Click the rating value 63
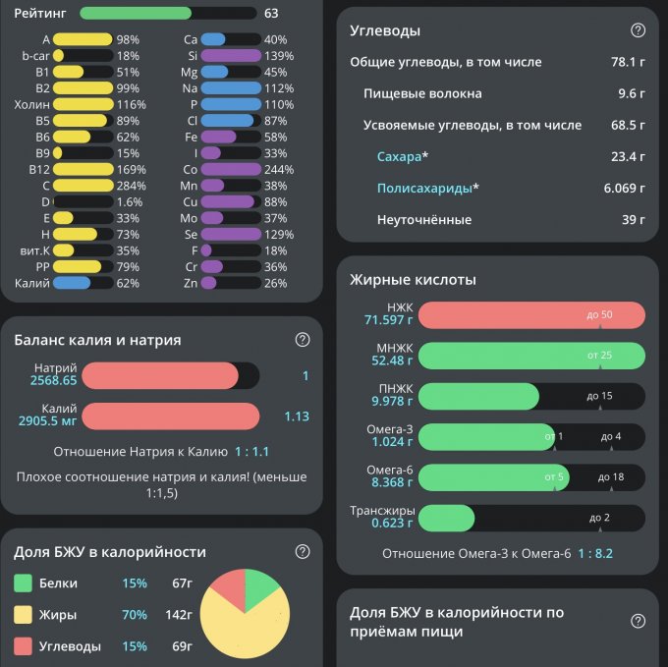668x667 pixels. [x=271, y=14]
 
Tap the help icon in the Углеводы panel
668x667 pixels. [x=638, y=30]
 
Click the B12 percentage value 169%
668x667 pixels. [x=128, y=169]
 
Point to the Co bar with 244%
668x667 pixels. [x=232, y=169]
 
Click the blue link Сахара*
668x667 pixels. [x=403, y=156]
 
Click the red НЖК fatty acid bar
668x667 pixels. [x=531, y=314]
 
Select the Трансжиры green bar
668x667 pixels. [x=446, y=518]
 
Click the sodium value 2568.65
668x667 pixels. [x=53, y=380]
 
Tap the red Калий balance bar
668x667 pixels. [x=170, y=417]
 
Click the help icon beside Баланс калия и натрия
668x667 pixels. [x=303, y=340]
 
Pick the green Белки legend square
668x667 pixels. [x=24, y=584]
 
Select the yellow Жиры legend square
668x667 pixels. [x=24, y=615]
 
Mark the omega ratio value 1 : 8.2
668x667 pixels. [x=595, y=554]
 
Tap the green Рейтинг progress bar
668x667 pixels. [x=136, y=14]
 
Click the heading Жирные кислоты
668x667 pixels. [x=413, y=280]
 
